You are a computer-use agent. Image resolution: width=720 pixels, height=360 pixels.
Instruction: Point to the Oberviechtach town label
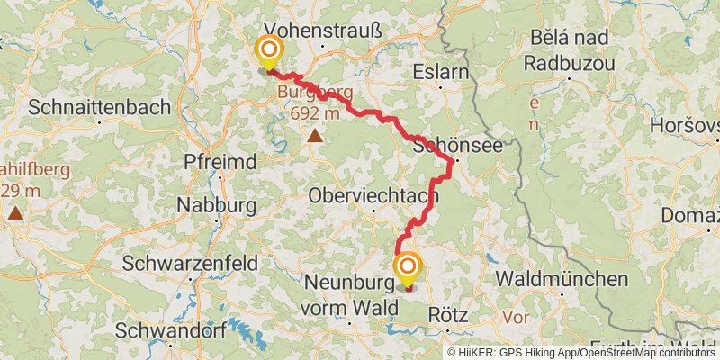coord(373,195)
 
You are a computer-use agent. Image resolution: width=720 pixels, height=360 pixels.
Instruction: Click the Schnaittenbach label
coord(99,107)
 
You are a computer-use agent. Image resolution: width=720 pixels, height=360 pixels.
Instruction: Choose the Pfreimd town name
coord(220,162)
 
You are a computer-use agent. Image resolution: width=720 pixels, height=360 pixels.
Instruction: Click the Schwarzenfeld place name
coord(190,264)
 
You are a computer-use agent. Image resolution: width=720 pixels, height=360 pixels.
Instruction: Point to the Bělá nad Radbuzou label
coord(569,51)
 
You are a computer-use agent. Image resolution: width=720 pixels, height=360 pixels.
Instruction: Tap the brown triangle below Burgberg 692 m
coord(315,136)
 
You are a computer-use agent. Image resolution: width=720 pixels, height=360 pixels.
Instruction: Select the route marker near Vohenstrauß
coord(269,52)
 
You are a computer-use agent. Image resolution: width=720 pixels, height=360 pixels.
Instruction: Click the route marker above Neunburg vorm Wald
coord(408,266)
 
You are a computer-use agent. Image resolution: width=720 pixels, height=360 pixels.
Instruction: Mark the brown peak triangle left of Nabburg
coord(16,214)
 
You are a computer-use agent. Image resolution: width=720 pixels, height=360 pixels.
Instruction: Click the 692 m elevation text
coord(315,113)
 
